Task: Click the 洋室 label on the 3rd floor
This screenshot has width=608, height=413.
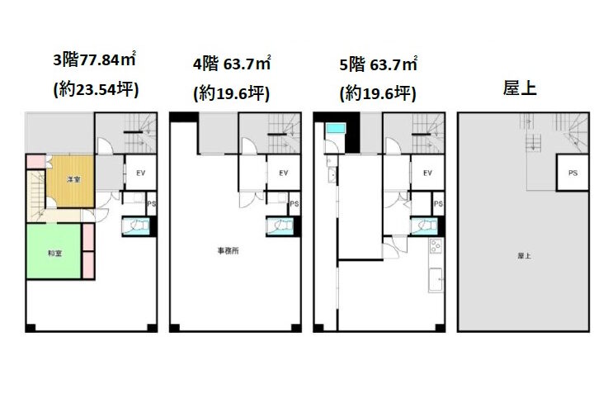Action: click(73, 179)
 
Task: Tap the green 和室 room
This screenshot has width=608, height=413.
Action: click(54, 251)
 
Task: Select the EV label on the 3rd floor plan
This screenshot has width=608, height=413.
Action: click(141, 173)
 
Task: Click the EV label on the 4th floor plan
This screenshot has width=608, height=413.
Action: click(284, 173)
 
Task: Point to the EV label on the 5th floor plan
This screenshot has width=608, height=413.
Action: click(427, 173)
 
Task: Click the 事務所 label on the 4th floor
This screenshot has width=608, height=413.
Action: click(228, 251)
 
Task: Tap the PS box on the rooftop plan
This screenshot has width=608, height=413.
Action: click(573, 173)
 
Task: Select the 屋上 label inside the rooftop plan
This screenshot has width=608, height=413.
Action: click(524, 256)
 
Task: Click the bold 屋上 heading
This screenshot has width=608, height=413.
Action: click(520, 88)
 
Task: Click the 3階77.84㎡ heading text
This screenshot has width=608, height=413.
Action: click(94, 59)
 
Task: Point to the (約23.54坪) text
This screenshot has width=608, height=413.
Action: click(96, 90)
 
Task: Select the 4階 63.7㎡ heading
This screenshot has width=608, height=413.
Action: click(232, 64)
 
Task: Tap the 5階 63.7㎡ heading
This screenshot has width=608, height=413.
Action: click(378, 64)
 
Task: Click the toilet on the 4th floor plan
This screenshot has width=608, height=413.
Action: click(280, 225)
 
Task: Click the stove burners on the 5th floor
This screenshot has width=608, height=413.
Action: click(436, 246)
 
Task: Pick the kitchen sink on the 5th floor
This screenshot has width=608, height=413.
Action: click(436, 279)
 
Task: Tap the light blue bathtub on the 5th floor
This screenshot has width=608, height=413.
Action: click(336, 128)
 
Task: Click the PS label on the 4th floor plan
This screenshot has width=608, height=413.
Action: click(295, 204)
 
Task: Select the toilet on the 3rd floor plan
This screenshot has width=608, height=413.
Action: click(136, 225)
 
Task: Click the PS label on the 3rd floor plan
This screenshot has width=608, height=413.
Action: click(152, 204)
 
